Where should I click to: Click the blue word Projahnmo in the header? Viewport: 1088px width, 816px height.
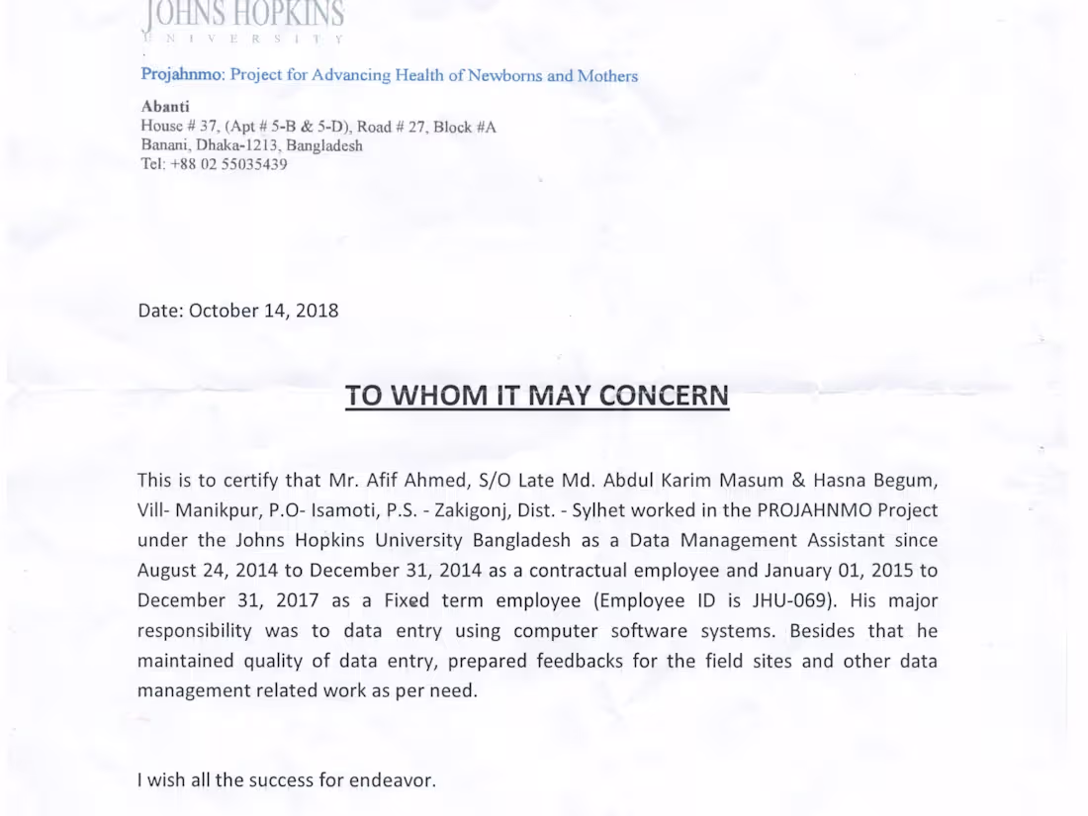coord(183,75)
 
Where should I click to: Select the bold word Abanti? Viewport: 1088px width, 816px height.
coord(165,107)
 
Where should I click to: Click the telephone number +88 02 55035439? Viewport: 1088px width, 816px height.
coord(229,164)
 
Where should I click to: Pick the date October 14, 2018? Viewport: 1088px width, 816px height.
coord(263,311)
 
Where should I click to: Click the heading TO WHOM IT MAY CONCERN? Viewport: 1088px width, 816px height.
coord(537,396)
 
